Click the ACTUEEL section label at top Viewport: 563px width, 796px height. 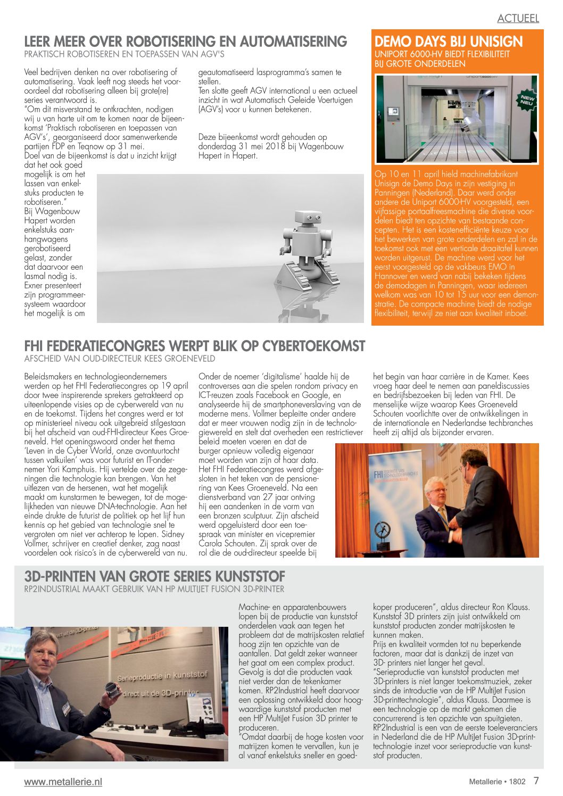tap(518, 18)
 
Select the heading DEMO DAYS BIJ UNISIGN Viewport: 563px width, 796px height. tap(449, 42)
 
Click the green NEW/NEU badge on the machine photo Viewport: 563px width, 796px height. tap(526, 99)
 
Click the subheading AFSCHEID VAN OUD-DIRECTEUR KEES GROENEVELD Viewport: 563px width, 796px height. tap(120, 359)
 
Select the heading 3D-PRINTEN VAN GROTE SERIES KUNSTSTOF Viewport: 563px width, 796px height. tap(155, 576)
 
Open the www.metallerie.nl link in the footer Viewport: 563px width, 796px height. tap(63, 782)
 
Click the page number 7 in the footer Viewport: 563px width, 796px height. tap(536, 781)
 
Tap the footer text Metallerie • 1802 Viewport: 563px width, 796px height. tap(497, 782)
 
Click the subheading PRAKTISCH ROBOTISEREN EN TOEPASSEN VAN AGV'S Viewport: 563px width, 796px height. tap(124, 54)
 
